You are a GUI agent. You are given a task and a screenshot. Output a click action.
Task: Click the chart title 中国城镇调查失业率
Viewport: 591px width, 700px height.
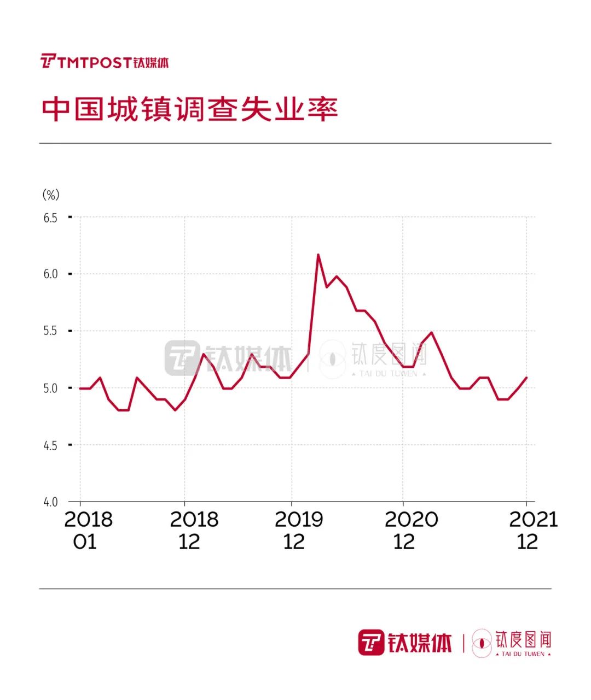click(189, 109)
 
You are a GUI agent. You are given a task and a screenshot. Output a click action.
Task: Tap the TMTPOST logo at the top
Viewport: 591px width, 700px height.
click(105, 62)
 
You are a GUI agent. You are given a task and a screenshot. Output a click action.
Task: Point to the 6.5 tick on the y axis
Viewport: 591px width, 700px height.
click(50, 217)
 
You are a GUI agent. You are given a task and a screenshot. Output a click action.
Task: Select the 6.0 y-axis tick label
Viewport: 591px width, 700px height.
click(50, 274)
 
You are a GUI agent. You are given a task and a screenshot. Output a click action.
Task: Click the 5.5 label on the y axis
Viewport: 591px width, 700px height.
click(50, 331)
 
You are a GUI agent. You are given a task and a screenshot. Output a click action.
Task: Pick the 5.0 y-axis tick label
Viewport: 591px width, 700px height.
click(50, 388)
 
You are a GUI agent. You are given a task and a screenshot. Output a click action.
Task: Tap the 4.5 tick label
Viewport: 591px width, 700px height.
click(50, 445)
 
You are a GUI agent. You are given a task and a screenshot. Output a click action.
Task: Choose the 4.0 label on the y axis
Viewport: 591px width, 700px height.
click(50, 502)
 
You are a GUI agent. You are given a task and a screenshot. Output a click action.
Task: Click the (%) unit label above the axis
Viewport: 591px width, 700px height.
click(50, 195)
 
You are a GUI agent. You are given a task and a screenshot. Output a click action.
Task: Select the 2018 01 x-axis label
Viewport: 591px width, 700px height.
click(88, 530)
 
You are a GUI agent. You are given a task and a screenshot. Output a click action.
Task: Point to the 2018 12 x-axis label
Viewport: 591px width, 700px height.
click(193, 530)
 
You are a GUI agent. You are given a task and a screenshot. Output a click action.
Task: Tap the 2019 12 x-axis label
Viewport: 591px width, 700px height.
click(298, 530)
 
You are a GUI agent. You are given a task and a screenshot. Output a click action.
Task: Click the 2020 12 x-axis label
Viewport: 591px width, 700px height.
click(410, 530)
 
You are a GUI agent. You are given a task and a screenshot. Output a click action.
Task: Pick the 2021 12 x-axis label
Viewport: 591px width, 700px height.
click(532, 530)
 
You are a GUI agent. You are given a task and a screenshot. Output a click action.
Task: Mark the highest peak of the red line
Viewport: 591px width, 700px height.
click(318, 255)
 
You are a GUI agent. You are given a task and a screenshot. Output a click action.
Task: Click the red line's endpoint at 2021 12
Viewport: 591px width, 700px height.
click(526, 378)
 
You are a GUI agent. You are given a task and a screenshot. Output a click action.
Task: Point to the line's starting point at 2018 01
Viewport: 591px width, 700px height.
click(80, 388)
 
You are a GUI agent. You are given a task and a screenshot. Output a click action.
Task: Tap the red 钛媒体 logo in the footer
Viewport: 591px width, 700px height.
click(405, 642)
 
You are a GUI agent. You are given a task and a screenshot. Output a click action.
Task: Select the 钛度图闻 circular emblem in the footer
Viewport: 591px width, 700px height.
click(482, 643)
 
